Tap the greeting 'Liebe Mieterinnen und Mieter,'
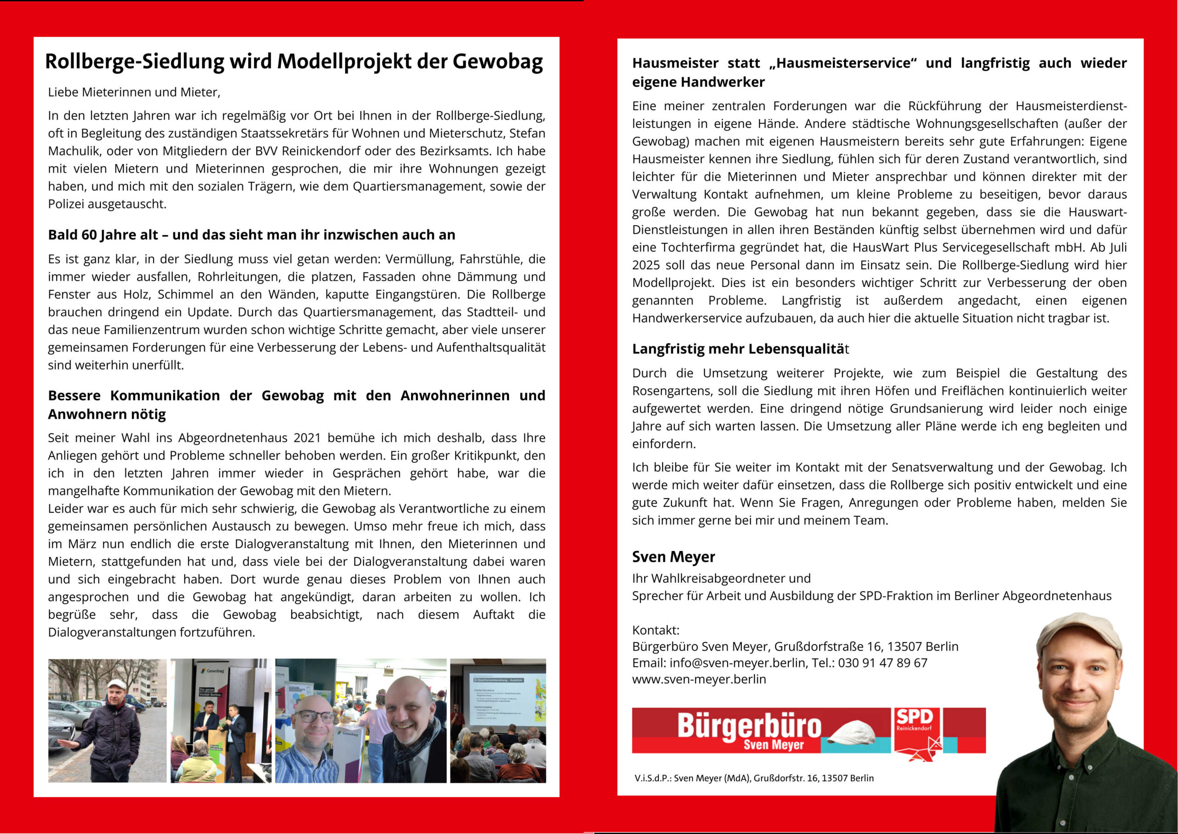pos(134,92)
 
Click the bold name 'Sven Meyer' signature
pos(673,557)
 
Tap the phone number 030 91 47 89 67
pos(883,663)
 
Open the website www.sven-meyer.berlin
pos(699,679)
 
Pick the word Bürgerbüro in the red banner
pos(749,725)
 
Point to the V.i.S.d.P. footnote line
pos(754,778)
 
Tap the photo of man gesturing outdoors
pos(107,720)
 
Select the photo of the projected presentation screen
pos(498,720)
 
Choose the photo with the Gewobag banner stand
pos(221,720)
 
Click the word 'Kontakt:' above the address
pos(656,630)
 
